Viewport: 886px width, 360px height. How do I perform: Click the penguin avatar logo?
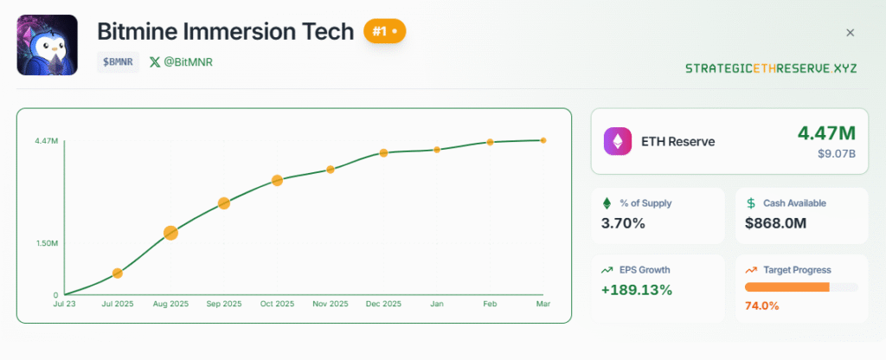click(x=48, y=45)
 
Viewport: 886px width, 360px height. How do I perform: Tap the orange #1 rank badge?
click(x=384, y=31)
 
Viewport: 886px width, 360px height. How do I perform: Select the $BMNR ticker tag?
click(x=119, y=62)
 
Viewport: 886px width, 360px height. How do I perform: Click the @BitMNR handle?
click(x=188, y=62)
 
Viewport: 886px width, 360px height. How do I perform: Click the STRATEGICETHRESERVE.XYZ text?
click(x=771, y=67)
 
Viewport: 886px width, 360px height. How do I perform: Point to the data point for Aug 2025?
click(x=170, y=233)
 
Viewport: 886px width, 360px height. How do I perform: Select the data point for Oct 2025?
click(x=277, y=180)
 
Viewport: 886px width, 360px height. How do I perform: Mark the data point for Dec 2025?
click(x=383, y=153)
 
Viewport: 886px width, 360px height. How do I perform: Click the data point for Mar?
click(x=543, y=140)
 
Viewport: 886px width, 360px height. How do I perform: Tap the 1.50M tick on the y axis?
click(x=47, y=243)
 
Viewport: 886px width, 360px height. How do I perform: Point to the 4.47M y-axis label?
click(x=47, y=140)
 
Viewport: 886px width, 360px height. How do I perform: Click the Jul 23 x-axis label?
click(x=64, y=305)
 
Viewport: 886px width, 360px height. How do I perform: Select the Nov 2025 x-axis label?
click(x=331, y=305)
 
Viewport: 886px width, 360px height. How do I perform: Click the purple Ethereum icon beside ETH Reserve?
click(x=618, y=141)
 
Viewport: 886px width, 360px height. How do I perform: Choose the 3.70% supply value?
click(x=623, y=223)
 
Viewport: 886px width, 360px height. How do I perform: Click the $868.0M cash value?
click(x=775, y=223)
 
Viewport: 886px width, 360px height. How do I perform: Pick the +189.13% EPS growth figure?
click(x=637, y=289)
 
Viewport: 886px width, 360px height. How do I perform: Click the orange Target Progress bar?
click(x=786, y=286)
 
